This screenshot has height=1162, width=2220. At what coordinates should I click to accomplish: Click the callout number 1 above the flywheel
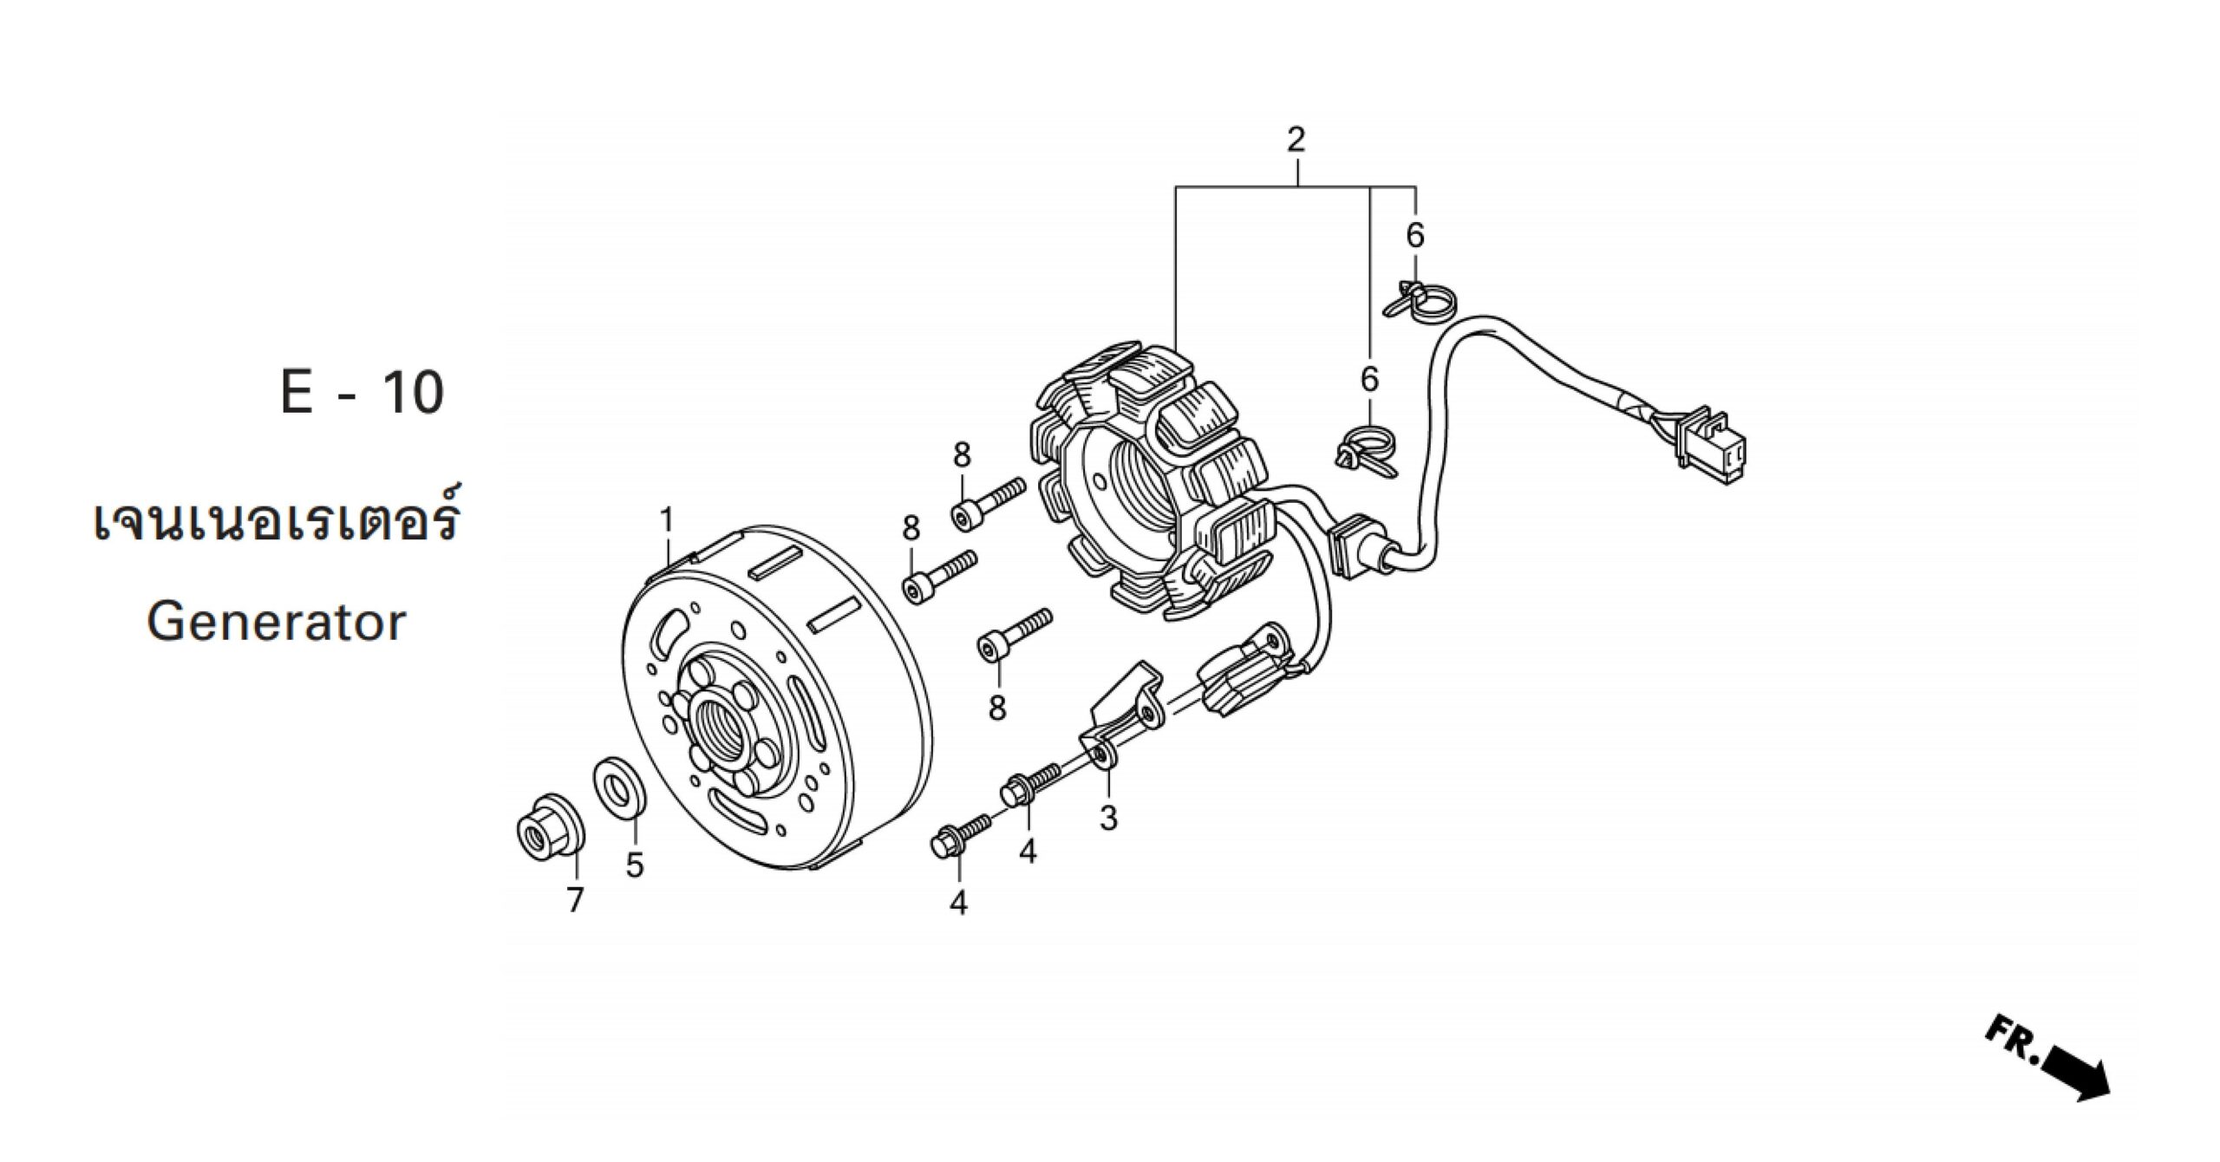[x=666, y=520]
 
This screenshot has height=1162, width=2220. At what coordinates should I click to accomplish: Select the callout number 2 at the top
[x=1296, y=140]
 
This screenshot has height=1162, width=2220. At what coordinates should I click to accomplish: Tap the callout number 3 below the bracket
[x=1108, y=818]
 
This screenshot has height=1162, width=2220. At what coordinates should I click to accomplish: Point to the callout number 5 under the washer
[x=635, y=864]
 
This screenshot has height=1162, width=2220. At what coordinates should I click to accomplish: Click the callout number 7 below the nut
[x=576, y=900]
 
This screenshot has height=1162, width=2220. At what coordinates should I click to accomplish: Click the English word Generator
[x=276, y=622]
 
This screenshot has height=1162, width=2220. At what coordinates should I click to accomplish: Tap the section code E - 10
[x=362, y=392]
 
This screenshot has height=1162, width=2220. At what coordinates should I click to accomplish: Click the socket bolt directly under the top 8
[x=987, y=502]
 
